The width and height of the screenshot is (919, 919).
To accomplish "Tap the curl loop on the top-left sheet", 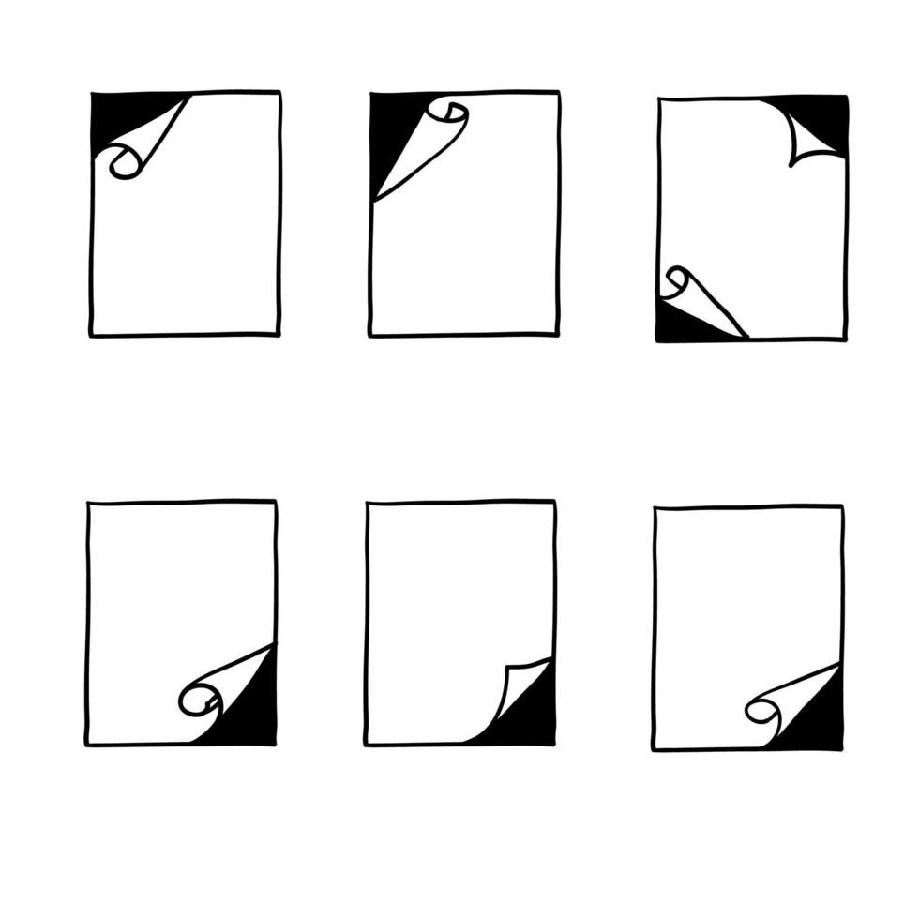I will tap(125, 164).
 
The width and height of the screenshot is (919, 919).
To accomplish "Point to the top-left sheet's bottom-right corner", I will tap(279, 333).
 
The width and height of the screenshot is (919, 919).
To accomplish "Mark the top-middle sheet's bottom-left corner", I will tap(371, 333).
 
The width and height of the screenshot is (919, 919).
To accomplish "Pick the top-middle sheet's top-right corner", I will tap(558, 93).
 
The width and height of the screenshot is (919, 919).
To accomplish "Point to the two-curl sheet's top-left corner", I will tap(660, 99).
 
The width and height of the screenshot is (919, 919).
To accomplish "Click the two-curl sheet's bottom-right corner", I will tap(845, 338).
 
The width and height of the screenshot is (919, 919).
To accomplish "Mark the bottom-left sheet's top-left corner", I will tap(88, 504).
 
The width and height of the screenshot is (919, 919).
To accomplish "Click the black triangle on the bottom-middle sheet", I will tap(530, 713).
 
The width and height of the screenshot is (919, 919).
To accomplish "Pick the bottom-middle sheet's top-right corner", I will tap(553, 504).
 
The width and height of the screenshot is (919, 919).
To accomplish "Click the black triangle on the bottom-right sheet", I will tap(816, 717).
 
